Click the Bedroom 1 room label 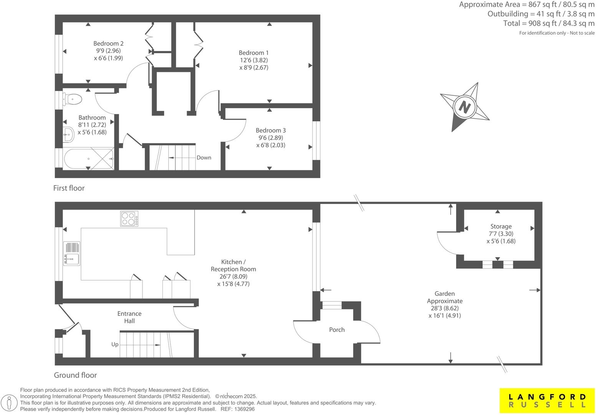coord(253,53)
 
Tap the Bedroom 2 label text coord(108,44)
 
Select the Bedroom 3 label coord(271,131)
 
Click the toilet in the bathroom coord(73,100)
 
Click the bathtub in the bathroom coord(89,159)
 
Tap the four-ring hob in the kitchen coord(129,219)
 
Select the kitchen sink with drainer coord(72,254)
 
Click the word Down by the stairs coord(204,158)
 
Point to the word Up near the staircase coord(115,344)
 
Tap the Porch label coord(337,330)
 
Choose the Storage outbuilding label coord(501,227)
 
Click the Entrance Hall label coord(129,317)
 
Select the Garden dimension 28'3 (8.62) coord(445,308)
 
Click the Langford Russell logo coord(547,400)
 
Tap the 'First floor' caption coord(69,188)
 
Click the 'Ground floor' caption coord(75,375)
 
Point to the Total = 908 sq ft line coord(549,23)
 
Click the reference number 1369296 coord(244,409)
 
